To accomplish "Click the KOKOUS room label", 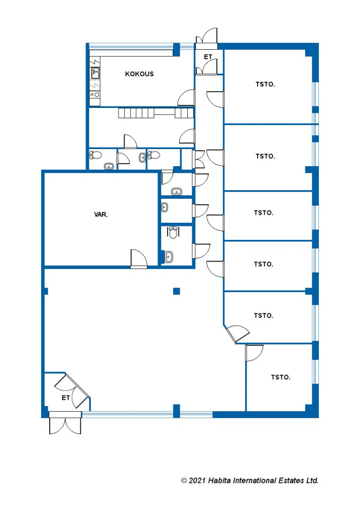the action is point(140,74).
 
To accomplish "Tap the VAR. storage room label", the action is point(101,215).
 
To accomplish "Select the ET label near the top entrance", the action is point(208,57).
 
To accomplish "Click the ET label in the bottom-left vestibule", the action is point(66,398).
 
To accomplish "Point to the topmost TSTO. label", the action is point(265,84).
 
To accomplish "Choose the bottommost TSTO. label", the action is point(281,377).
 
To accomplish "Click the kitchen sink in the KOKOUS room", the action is point(95,73).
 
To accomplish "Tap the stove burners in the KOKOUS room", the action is point(95,94).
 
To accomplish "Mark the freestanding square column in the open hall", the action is point(176,291).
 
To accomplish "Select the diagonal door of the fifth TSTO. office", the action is point(237,334).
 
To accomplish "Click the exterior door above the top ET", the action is point(207,36).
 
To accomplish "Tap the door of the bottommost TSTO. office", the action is point(254,353).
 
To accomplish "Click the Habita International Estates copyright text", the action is point(250,480).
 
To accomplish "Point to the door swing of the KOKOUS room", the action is point(186,98).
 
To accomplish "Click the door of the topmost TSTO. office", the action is point(215,99).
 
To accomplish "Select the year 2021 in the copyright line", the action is point(197,481).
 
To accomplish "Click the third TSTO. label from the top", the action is point(264,213).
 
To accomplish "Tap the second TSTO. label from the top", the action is point(265,157).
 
